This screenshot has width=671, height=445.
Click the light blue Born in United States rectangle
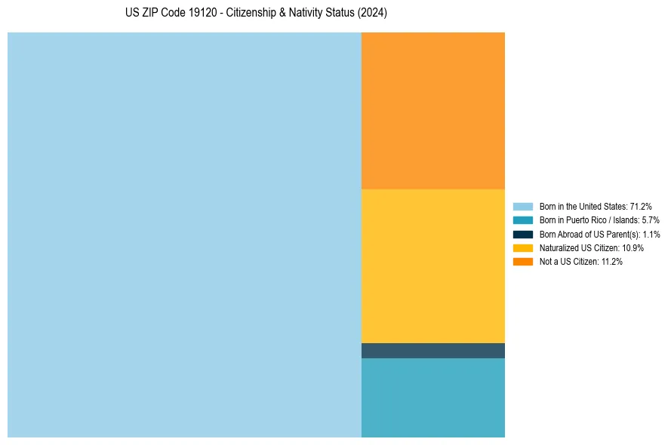[184, 235]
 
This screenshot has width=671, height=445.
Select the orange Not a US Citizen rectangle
[432, 110]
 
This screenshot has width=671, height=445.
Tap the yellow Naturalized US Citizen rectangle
[432, 265]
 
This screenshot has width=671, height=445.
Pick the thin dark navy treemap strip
[432, 351]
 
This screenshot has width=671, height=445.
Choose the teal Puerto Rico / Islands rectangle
[432, 397]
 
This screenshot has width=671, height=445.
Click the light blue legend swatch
[522, 207]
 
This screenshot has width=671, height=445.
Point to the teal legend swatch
[522, 220]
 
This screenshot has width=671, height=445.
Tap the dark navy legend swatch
[522, 234]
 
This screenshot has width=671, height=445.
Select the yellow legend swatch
[522, 247]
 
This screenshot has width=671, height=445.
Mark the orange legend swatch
[522, 261]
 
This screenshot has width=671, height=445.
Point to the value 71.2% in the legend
[641, 207]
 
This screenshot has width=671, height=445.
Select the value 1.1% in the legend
[651, 234]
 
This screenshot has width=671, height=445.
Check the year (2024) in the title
[373, 14]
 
